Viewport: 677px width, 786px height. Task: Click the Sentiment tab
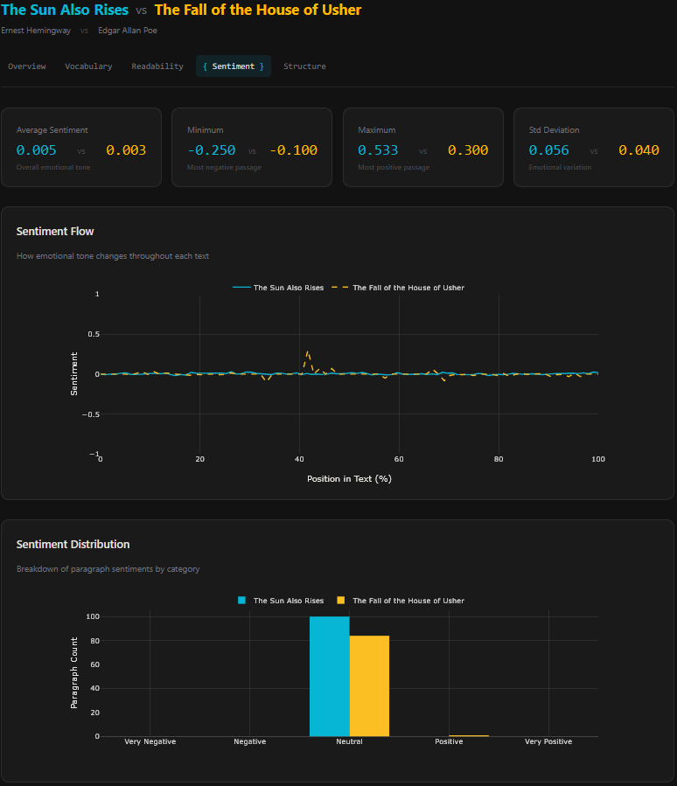[x=233, y=66]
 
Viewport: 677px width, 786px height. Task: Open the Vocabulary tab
[x=88, y=66]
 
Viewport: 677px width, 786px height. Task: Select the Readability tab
[x=157, y=66]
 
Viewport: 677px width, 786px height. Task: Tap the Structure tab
[x=304, y=66]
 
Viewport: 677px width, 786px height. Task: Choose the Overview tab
[x=26, y=66]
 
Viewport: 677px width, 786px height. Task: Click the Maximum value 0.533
[x=378, y=150]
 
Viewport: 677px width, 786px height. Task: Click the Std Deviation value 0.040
[x=639, y=150]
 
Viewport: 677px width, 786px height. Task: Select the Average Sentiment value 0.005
[x=37, y=150]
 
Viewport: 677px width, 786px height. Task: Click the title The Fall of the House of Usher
[x=257, y=10]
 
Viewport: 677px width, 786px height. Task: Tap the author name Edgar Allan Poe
[x=128, y=31]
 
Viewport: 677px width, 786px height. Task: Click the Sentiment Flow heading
[x=55, y=232]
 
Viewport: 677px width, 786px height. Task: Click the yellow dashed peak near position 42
[x=307, y=352]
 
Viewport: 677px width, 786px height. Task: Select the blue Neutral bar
[x=329, y=676]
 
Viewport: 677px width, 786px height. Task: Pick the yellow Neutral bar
[x=369, y=685]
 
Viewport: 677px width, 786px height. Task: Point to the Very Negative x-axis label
[x=150, y=741]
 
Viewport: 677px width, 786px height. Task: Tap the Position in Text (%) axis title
[x=349, y=478]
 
